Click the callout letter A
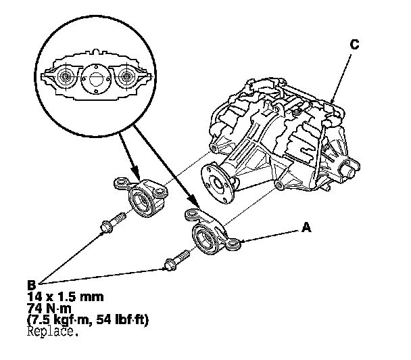coord(306,229)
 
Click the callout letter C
coord(354,44)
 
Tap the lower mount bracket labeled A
coord(211,233)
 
